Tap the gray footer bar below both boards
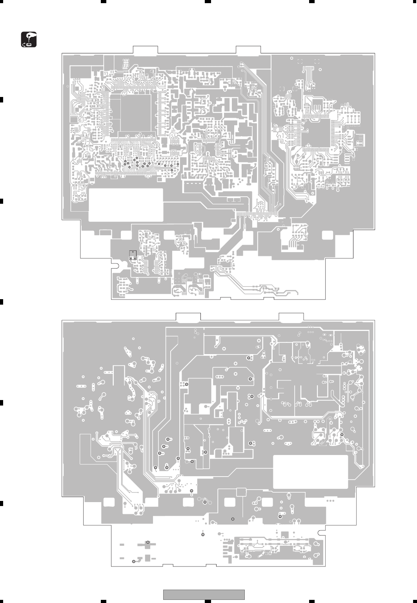click(204, 595)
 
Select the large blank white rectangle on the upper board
click(126, 205)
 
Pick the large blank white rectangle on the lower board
click(310, 472)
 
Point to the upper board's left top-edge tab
click(146, 49)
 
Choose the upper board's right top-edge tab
click(248, 49)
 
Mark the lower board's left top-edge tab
click(188, 317)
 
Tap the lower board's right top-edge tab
click(291, 317)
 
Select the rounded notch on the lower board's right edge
click(322, 533)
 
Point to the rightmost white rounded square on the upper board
click(327, 235)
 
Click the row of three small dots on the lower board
click(330, 501)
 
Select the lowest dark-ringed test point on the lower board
click(134, 561)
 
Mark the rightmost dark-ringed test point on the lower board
click(342, 435)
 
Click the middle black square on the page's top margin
click(208, 1)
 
